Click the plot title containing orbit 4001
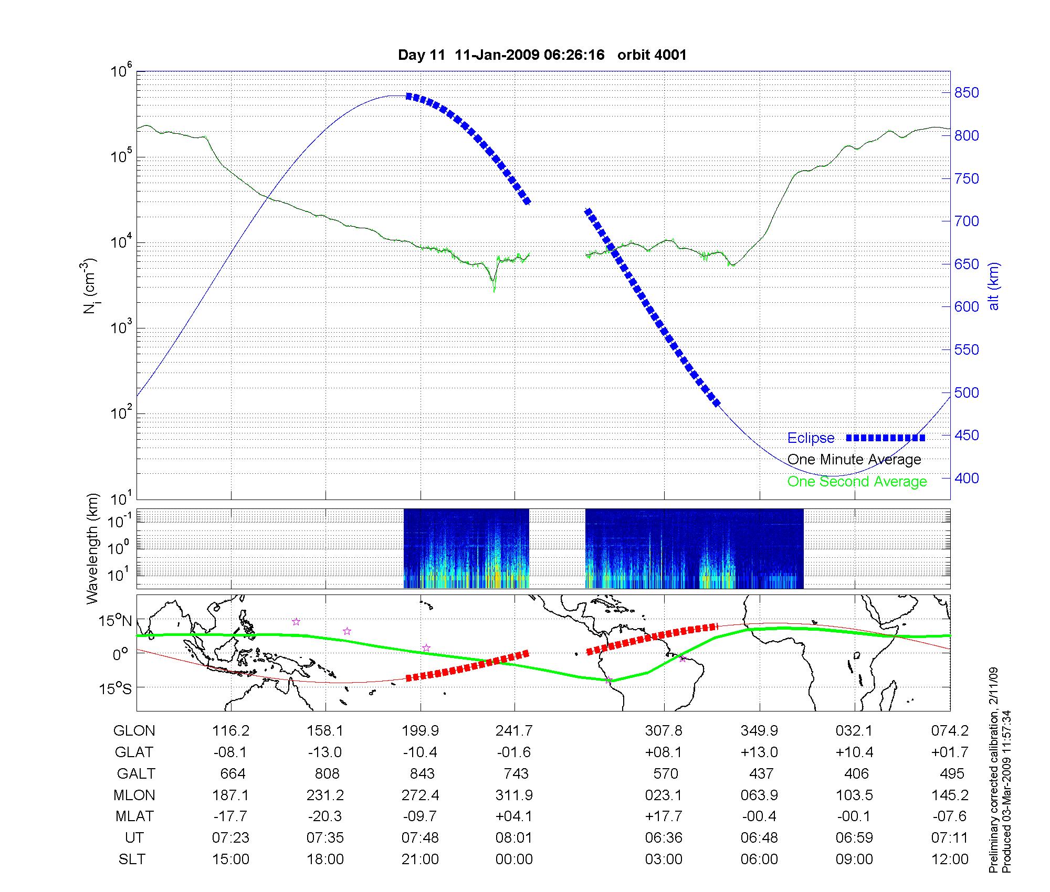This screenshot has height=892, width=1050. tap(542, 55)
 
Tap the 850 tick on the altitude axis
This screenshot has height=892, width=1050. tap(966, 93)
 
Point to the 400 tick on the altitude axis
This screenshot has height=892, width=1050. tap(966, 478)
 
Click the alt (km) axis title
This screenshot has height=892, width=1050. tap(994, 286)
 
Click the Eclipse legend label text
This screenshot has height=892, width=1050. tap(811, 438)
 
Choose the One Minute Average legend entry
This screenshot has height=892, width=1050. tap(854, 460)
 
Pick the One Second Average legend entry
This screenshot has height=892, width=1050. tap(857, 482)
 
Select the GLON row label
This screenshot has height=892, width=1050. tap(134, 731)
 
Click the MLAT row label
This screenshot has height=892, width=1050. tap(134, 816)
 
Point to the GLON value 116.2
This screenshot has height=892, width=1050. tap(230, 731)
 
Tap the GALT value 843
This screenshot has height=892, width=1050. tap(422, 774)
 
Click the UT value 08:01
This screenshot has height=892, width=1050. tap(514, 838)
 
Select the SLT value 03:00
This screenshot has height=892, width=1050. tap(664, 859)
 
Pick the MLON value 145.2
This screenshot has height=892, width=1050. tap(950, 795)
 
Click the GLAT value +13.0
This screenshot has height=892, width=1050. tap(759, 752)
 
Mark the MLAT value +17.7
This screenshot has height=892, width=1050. tap(664, 816)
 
